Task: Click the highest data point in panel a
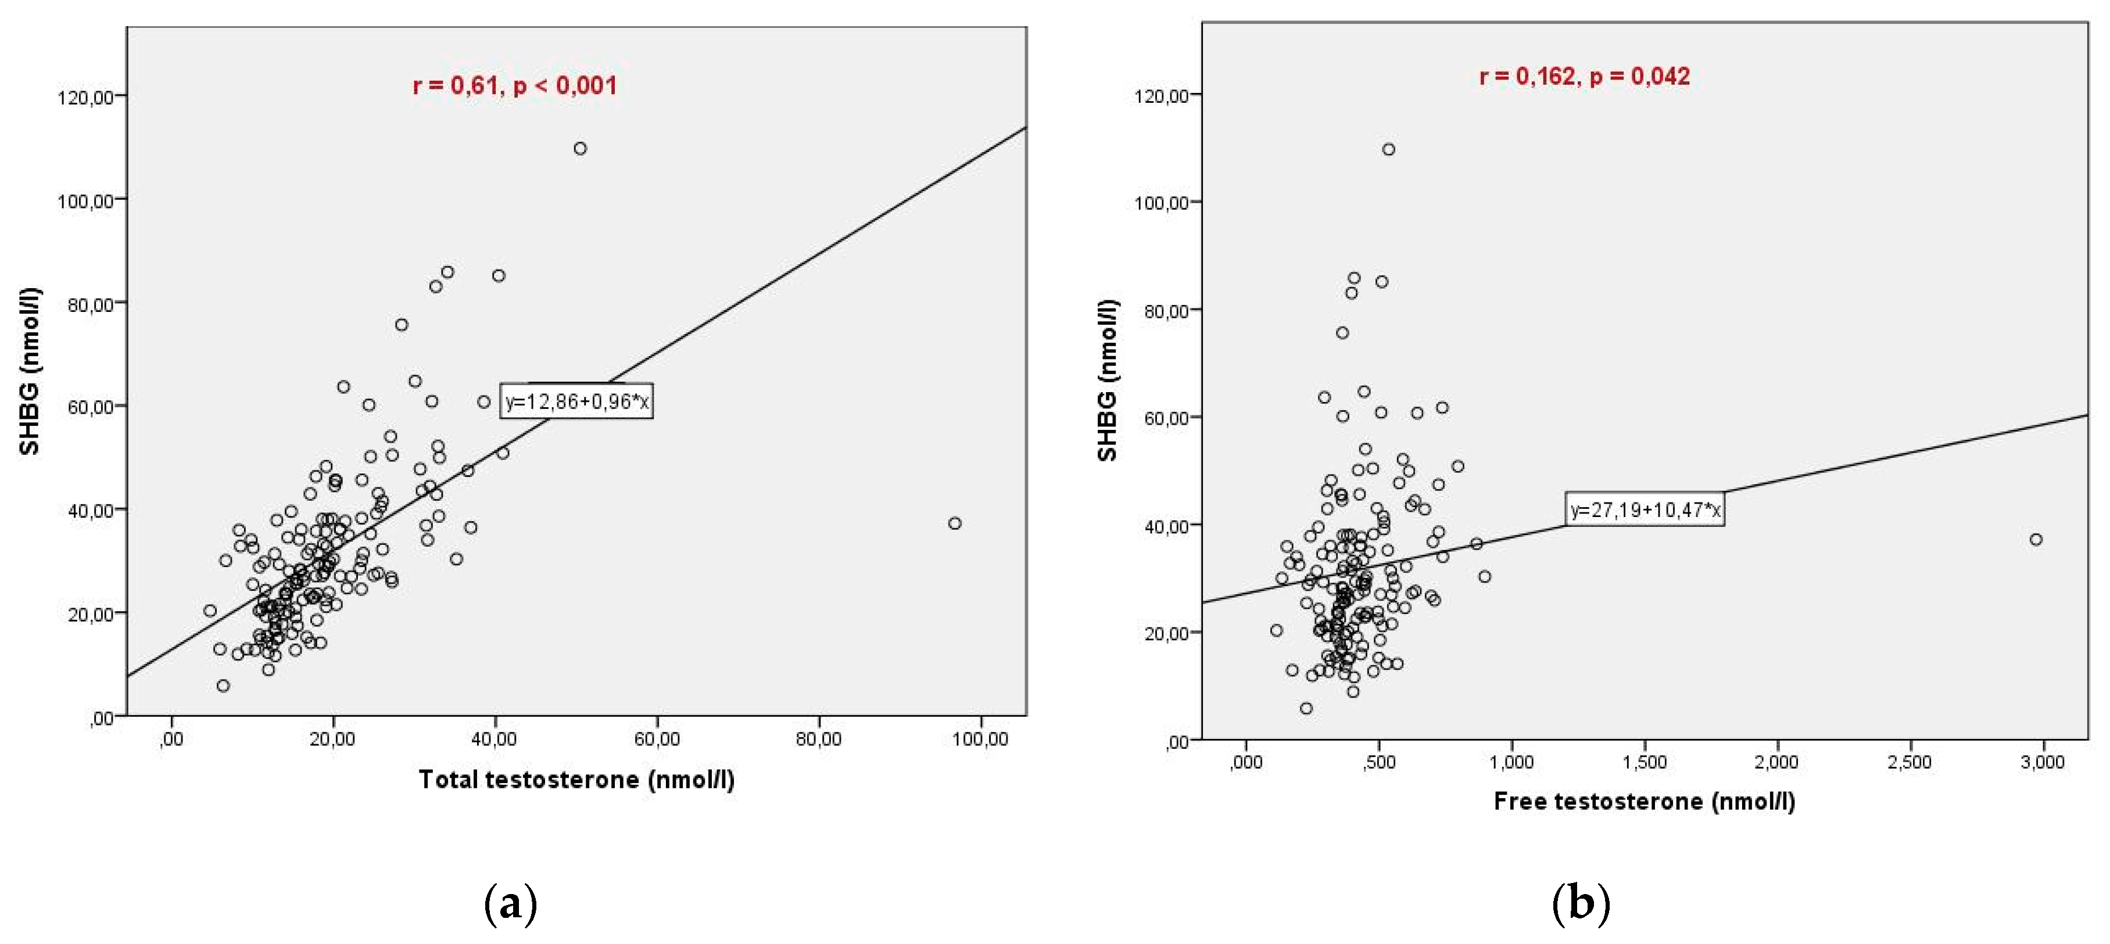click(580, 148)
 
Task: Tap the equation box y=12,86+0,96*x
click(576, 401)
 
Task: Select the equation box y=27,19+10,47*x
click(1645, 510)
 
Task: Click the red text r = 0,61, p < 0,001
click(514, 85)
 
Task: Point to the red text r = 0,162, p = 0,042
click(1584, 76)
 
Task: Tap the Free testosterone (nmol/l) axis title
click(1644, 801)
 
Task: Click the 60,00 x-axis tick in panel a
click(657, 740)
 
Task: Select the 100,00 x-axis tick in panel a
click(980, 740)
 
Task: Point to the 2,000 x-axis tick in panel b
click(1776, 762)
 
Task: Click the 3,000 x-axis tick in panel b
click(2042, 762)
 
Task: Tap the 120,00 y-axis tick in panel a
click(85, 98)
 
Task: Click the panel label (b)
click(1581, 904)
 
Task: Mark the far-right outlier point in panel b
click(2036, 540)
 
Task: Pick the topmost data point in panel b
click(1388, 149)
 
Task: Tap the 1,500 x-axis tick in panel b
click(1644, 762)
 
